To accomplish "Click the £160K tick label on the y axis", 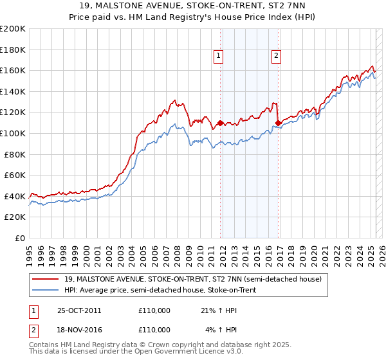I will point(13,70).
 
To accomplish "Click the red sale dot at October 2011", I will point(220,123).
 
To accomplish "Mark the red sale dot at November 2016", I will point(278,123).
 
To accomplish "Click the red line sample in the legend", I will point(45,278).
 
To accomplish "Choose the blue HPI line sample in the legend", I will point(45,290).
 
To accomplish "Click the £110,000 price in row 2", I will point(154,330).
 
